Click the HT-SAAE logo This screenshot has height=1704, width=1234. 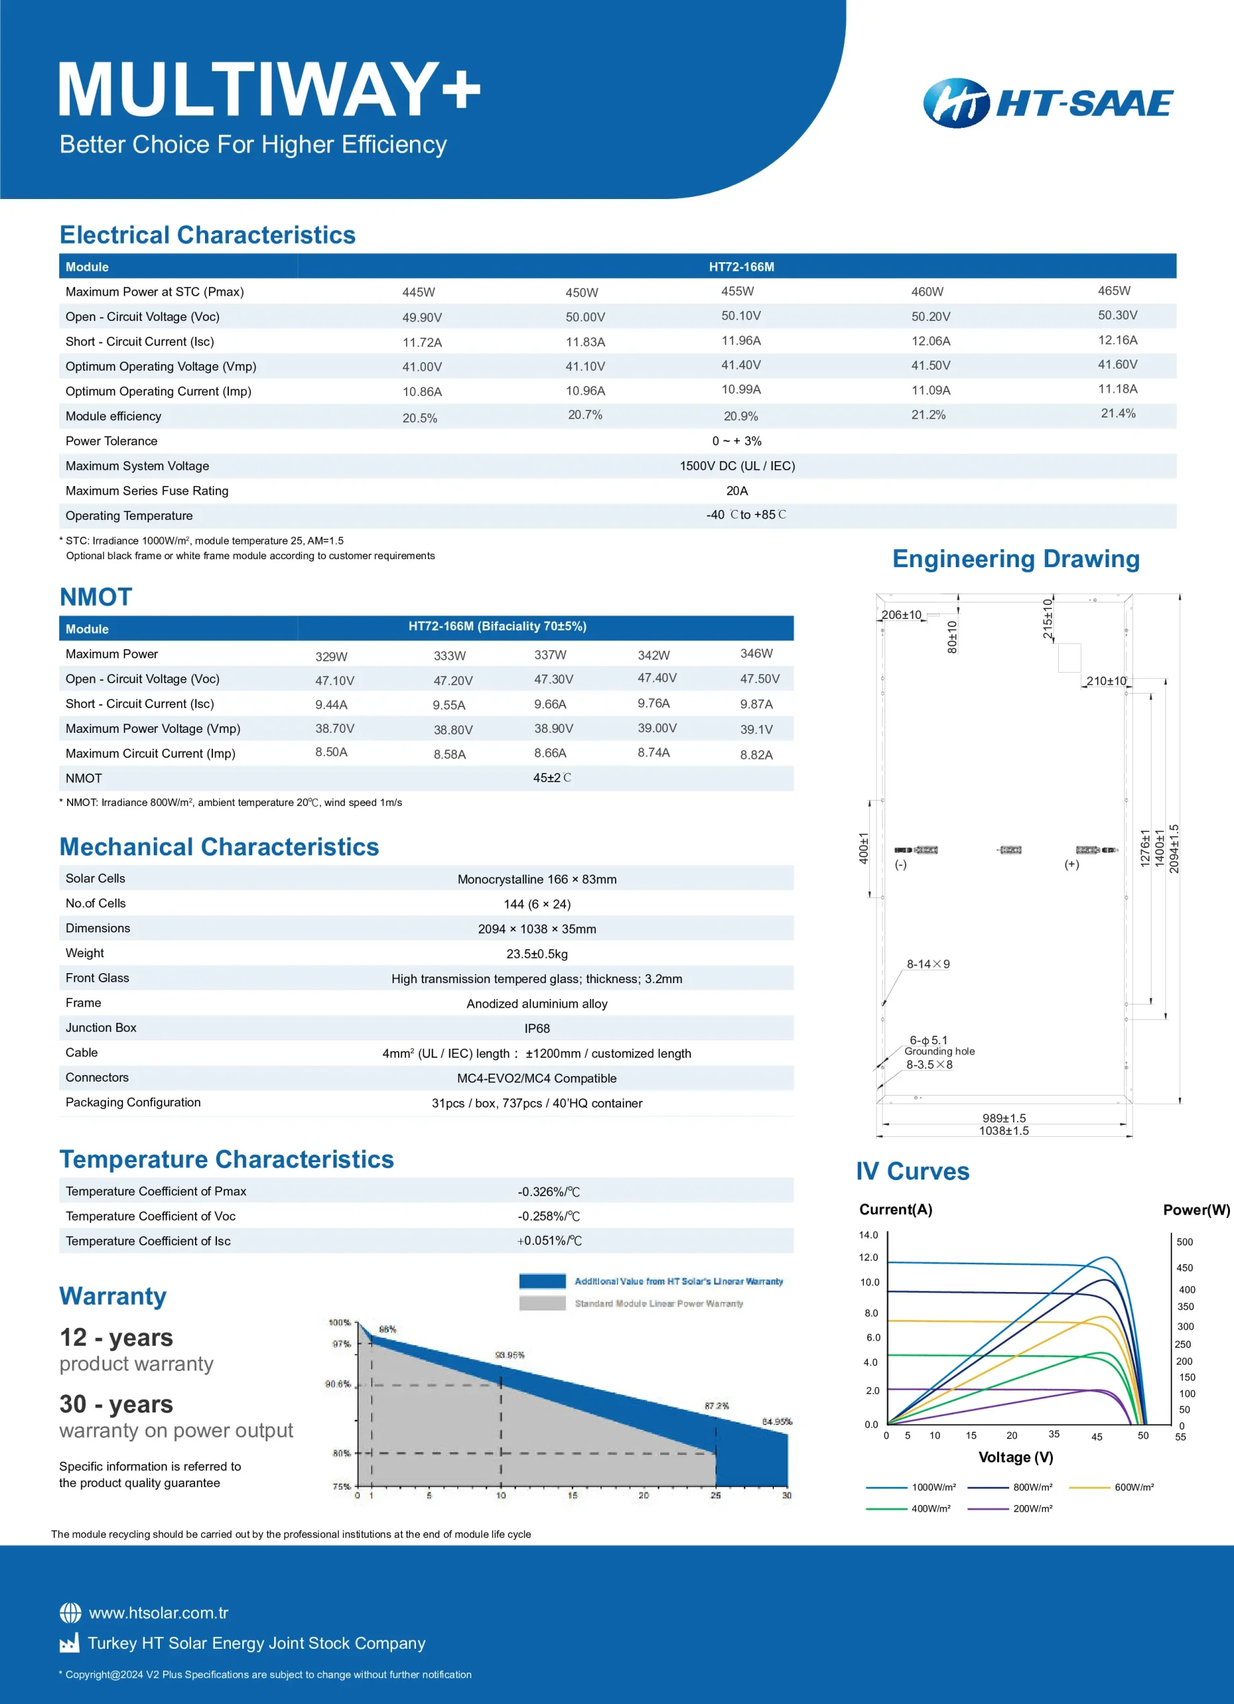tap(1048, 103)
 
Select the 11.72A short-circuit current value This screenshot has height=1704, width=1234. tap(422, 343)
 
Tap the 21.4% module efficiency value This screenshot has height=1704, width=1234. tap(1118, 413)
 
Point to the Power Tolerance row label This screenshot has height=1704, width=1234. tap(111, 441)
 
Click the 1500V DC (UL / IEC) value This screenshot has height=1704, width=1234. tap(737, 466)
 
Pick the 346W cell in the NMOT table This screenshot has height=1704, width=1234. tap(756, 654)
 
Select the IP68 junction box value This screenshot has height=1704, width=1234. tap(537, 1028)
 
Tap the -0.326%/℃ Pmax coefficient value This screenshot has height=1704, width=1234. tap(548, 1191)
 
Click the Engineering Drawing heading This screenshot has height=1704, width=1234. tap(1016, 559)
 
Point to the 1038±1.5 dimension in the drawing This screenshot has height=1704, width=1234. tap(1004, 1131)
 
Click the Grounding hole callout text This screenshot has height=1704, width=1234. tap(940, 1051)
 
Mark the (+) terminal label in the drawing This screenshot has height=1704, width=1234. tap(1072, 864)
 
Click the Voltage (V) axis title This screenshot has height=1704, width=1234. tap(1016, 1457)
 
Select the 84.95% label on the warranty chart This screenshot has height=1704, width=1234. tap(777, 1422)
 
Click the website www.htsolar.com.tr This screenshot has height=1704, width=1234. tap(158, 1613)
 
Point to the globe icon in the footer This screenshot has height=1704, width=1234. tap(71, 1613)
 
